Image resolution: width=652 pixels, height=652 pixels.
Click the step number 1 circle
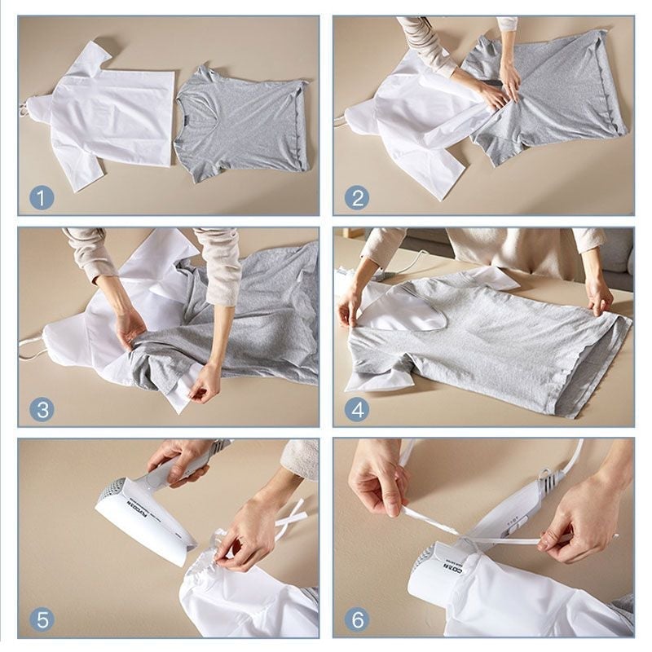point(42,196)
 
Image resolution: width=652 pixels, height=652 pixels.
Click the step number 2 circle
point(356,196)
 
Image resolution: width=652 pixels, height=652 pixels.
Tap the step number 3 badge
point(42,408)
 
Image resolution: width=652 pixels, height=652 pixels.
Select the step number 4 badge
point(356,408)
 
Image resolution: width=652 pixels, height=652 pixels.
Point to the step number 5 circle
point(42,619)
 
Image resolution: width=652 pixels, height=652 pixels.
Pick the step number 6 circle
point(356,619)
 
